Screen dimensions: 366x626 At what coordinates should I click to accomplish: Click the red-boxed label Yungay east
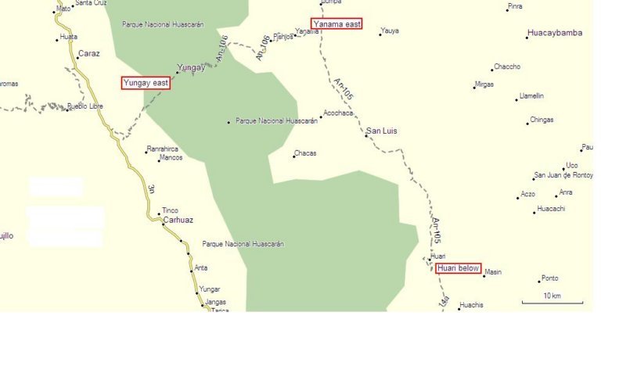click(146, 83)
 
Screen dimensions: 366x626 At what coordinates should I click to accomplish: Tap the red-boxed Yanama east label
click(336, 24)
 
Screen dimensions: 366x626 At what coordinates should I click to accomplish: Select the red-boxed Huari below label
click(459, 268)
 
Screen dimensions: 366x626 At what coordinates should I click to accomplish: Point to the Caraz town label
click(88, 55)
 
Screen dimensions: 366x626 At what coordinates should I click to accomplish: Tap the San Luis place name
click(382, 131)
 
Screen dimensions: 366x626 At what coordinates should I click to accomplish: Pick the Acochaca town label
click(338, 113)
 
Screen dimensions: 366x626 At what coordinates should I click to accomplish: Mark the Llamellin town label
click(531, 96)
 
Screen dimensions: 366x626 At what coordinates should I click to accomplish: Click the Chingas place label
click(541, 120)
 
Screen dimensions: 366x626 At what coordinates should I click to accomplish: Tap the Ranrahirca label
click(163, 149)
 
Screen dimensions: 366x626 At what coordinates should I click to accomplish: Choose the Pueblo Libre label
click(85, 106)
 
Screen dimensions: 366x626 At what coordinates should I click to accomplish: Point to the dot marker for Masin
click(483, 276)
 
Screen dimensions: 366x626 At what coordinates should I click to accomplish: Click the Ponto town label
click(549, 278)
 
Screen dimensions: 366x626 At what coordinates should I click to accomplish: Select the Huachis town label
click(472, 305)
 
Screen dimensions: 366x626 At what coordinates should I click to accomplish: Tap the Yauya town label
click(390, 31)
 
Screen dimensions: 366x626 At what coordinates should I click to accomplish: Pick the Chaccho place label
click(506, 67)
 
